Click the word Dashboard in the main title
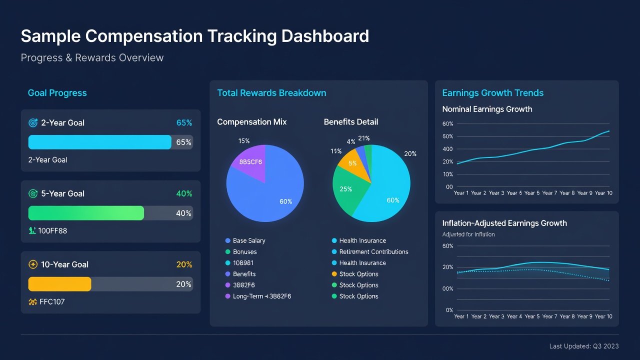click(x=325, y=36)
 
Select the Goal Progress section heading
click(x=57, y=93)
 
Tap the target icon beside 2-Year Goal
click(x=33, y=123)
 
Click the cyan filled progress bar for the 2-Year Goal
click(x=99, y=142)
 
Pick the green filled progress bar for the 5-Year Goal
click(x=86, y=213)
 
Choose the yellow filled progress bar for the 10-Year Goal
click(x=59, y=284)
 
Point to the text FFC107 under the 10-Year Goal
click(x=52, y=301)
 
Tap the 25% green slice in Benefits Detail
click(x=348, y=188)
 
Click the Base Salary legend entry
click(x=245, y=240)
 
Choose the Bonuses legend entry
click(x=241, y=251)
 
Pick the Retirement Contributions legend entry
click(x=370, y=251)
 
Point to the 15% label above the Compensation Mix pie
click(x=244, y=141)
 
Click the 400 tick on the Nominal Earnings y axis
click(x=447, y=149)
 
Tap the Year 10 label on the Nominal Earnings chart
click(x=603, y=193)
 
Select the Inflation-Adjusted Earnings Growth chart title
click(x=504, y=223)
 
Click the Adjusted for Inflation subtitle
click(x=468, y=234)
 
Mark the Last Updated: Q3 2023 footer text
click(x=584, y=346)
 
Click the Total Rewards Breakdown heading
click(x=271, y=93)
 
